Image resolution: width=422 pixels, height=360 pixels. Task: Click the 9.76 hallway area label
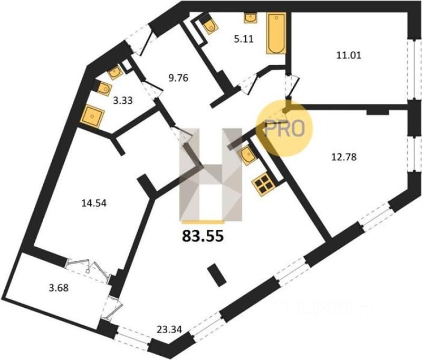[x=177, y=79]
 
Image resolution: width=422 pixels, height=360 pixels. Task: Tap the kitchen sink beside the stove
[x=247, y=155]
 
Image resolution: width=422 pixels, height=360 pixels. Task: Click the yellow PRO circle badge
[x=284, y=128]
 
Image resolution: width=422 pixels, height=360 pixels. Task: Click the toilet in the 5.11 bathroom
[x=210, y=25]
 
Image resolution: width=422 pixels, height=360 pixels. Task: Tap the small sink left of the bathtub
[x=250, y=17]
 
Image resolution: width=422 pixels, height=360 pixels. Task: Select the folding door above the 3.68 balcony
[x=90, y=264]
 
